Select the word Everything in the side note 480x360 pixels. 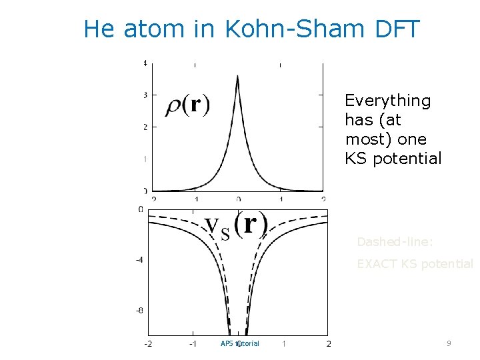(387, 101)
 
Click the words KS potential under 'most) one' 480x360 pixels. (393, 159)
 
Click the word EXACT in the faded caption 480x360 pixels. (377, 264)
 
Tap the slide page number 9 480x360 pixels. (449, 343)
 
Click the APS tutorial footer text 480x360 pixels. (239, 343)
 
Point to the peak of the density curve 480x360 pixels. (238, 76)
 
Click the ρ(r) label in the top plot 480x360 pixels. (187, 105)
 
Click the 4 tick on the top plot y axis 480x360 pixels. (145, 63)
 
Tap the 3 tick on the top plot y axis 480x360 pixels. (145, 95)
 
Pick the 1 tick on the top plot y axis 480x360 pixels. (145, 159)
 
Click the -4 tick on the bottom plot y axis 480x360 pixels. (139, 259)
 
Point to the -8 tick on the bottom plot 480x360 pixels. (139, 310)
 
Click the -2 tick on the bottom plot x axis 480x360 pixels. (148, 344)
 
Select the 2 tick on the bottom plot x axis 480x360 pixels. (329, 344)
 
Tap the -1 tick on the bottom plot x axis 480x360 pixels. (193, 344)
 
